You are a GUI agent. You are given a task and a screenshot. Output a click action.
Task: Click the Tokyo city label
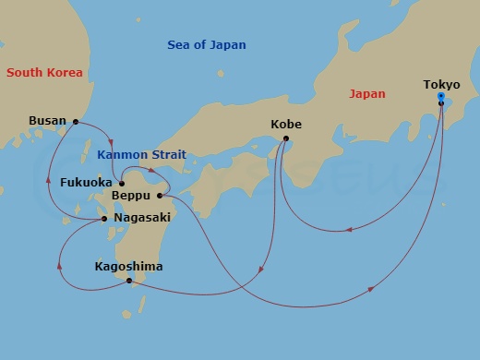pyautogui.click(x=441, y=85)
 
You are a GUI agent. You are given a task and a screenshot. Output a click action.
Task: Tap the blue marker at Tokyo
pyautogui.click(x=441, y=96)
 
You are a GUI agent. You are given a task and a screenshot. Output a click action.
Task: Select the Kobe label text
pyautogui.click(x=286, y=124)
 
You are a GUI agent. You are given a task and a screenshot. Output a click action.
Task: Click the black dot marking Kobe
pyautogui.click(x=285, y=139)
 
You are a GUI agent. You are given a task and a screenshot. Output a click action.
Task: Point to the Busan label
pyautogui.click(x=47, y=120)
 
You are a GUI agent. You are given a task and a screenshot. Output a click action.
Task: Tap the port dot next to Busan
pyautogui.click(x=76, y=120)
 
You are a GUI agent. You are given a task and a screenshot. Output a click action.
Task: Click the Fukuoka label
pyautogui.click(x=86, y=183)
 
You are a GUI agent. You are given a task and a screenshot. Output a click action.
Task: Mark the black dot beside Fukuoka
pyautogui.click(x=122, y=183)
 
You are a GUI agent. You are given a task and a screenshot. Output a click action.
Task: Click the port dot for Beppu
pyautogui.click(x=160, y=196)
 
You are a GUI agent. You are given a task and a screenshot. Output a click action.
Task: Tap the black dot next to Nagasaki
pyautogui.click(x=104, y=219)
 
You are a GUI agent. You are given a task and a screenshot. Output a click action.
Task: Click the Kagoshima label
pyautogui.click(x=128, y=267)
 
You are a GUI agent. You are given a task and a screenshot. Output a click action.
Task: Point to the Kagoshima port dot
pyautogui.click(x=129, y=280)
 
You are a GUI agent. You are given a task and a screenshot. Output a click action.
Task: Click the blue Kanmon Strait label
pyautogui.click(x=140, y=155)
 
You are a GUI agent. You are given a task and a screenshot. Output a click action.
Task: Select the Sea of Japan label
pyautogui.click(x=207, y=45)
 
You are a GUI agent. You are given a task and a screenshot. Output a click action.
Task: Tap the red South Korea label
pyautogui.click(x=43, y=72)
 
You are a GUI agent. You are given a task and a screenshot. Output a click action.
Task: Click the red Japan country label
pyautogui.click(x=367, y=93)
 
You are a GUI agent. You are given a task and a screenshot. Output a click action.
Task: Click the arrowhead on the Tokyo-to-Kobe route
pyautogui.click(x=354, y=222)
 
